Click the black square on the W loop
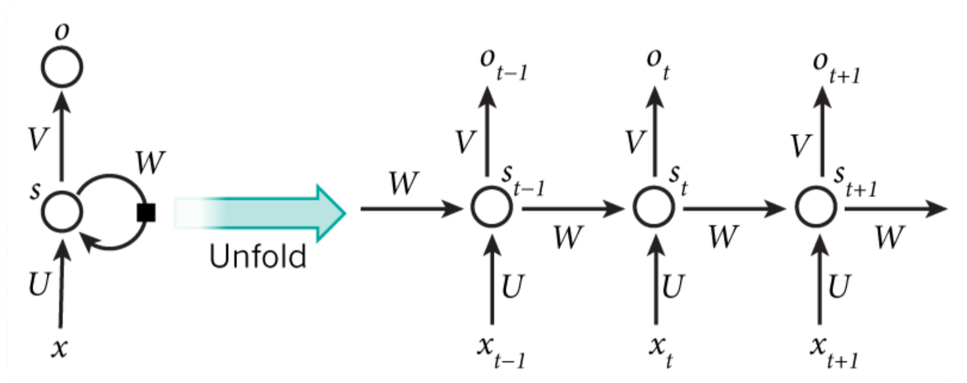point(146,213)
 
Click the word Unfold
point(257,256)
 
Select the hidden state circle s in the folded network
point(62,211)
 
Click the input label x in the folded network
point(61,347)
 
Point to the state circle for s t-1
point(490,208)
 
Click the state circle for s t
point(654,208)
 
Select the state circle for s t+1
point(817,208)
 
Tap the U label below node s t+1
point(839,288)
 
